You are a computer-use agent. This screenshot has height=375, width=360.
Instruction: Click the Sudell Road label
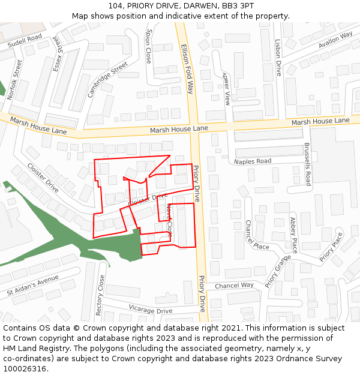[x=25, y=41]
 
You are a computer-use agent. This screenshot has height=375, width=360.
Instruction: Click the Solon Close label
[x=149, y=46]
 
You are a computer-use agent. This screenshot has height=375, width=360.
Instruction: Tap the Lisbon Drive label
[x=277, y=58]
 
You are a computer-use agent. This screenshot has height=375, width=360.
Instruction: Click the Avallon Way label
[x=335, y=40]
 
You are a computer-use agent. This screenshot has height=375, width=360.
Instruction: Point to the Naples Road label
[x=253, y=161]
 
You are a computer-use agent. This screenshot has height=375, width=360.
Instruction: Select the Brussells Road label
[x=308, y=164]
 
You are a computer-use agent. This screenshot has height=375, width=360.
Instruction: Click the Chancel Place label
[x=257, y=235]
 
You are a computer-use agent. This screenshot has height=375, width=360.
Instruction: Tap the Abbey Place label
[x=294, y=235]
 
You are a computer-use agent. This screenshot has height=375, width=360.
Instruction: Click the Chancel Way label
[x=234, y=286]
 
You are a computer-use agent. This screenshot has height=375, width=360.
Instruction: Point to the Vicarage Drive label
[x=151, y=311]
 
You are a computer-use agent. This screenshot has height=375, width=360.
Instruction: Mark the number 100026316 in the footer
[x=25, y=369]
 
